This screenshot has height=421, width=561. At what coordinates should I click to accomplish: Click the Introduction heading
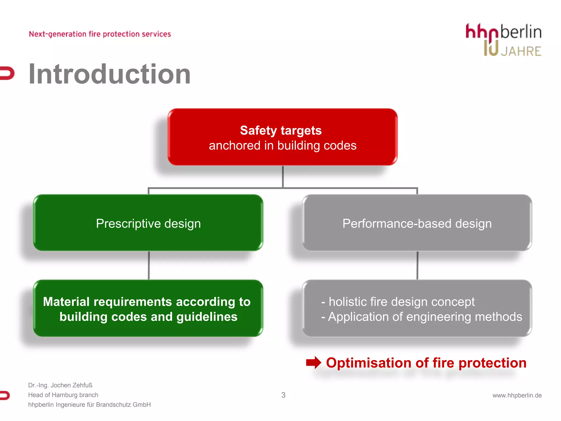pyautogui.click(x=109, y=74)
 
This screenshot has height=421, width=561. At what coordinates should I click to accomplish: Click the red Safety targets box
pyautogui.click(x=282, y=137)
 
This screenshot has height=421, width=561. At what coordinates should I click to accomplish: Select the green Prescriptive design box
pyautogui.click(x=148, y=223)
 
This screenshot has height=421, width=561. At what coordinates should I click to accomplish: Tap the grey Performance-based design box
pyautogui.click(x=417, y=223)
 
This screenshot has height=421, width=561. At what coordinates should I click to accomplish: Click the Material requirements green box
pyautogui.click(x=148, y=309)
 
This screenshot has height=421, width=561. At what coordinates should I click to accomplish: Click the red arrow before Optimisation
pyautogui.click(x=313, y=363)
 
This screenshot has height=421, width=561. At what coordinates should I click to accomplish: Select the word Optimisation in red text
pyautogui.click(x=369, y=363)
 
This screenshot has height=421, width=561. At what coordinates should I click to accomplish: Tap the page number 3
pyautogui.click(x=283, y=395)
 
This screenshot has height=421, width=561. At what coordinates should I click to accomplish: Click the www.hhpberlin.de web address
pyautogui.click(x=517, y=395)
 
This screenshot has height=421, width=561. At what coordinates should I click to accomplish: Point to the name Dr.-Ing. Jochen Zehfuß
pyautogui.click(x=60, y=385)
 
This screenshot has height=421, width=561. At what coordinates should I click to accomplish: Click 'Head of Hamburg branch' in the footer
pyautogui.click(x=63, y=395)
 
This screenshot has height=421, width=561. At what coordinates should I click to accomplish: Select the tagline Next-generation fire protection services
pyautogui.click(x=100, y=34)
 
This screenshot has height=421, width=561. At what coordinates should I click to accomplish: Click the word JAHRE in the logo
pyautogui.click(x=521, y=51)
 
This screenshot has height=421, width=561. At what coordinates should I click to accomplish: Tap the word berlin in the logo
pyautogui.click(x=521, y=32)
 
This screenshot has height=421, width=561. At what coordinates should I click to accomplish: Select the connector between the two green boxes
pyautogui.click(x=149, y=265)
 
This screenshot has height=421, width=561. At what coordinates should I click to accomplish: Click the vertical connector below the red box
pyautogui.click(x=283, y=177)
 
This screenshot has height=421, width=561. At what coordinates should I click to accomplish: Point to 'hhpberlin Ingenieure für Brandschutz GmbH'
pyautogui.click(x=89, y=405)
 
